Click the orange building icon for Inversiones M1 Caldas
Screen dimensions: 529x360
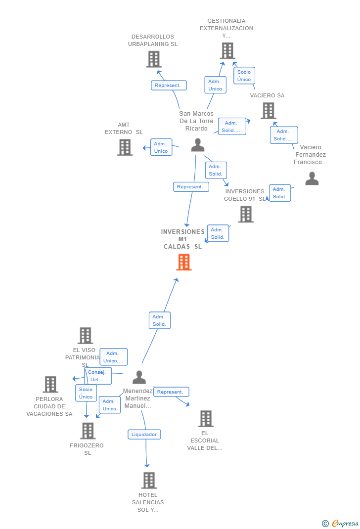pos(184,262)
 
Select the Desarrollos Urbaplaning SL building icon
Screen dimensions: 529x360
pos(154,59)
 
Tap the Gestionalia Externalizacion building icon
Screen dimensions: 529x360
pos(227,51)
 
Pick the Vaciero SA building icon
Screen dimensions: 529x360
pos(268,111)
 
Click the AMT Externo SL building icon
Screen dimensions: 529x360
pos(125,147)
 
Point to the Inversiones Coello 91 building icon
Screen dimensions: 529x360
pos(246,214)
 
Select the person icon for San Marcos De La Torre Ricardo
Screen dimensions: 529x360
pos(198,145)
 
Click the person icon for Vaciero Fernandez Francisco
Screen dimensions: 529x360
pos(312,178)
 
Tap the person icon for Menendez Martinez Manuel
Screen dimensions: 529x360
pos(139,377)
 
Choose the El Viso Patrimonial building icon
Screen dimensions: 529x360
pos(86,336)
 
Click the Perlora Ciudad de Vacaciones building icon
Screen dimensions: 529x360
pos(50,384)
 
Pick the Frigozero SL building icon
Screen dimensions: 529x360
pos(88,431)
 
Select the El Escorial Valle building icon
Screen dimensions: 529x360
pos(206,419)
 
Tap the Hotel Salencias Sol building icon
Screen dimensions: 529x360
pos(149,480)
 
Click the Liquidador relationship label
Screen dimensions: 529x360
pos(144,435)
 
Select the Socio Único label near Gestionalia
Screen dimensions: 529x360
pos(244,76)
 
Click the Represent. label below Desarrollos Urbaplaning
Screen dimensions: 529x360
pos(169,86)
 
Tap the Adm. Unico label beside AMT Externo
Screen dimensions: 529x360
pos(161,147)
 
